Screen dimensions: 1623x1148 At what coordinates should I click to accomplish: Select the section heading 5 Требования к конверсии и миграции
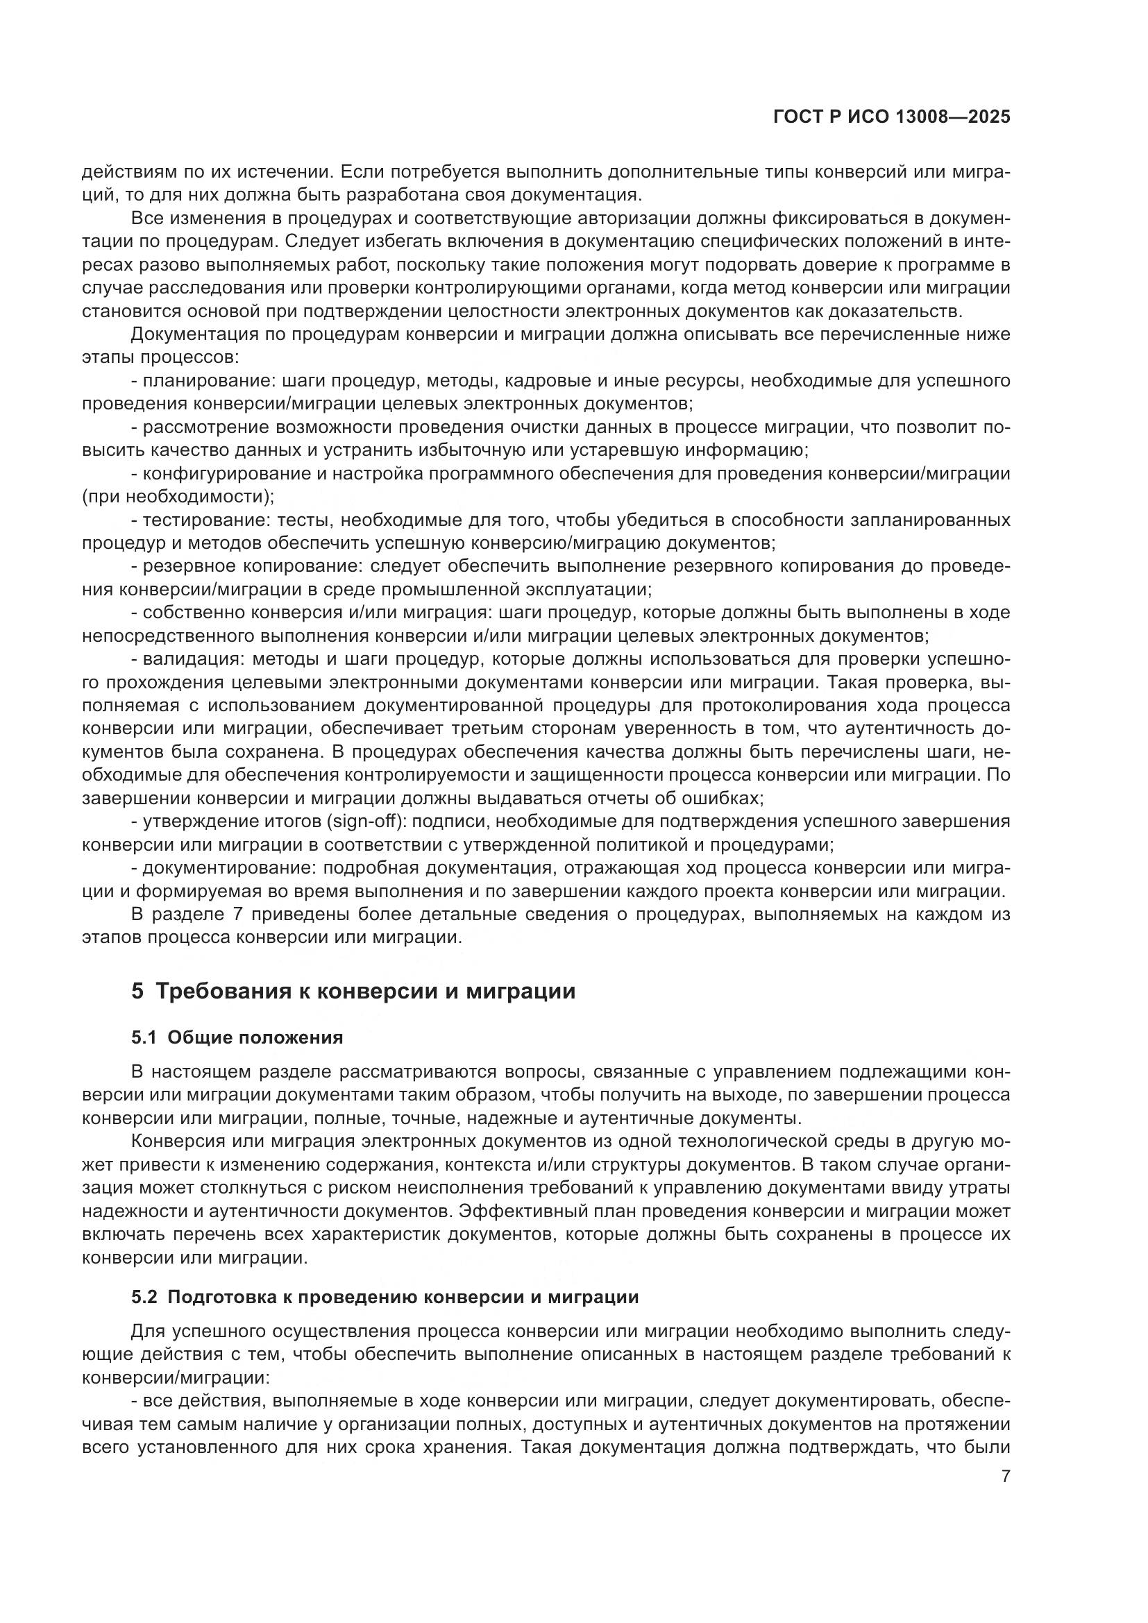pos(353,991)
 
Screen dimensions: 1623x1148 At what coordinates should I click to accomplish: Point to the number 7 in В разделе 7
pos(238,915)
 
